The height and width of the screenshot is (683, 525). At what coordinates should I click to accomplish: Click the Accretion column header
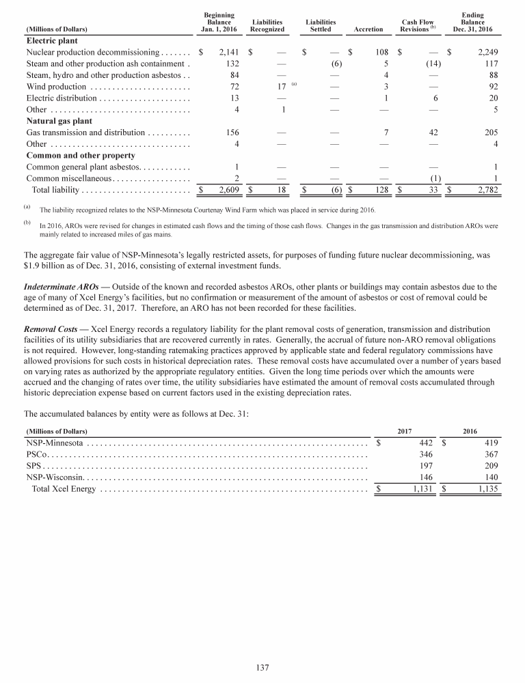(x=368, y=29)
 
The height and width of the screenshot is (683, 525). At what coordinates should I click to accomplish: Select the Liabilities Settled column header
(x=320, y=26)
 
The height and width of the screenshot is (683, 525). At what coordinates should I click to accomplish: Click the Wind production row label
(x=56, y=87)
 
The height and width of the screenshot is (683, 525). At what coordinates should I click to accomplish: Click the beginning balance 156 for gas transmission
(x=231, y=133)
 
